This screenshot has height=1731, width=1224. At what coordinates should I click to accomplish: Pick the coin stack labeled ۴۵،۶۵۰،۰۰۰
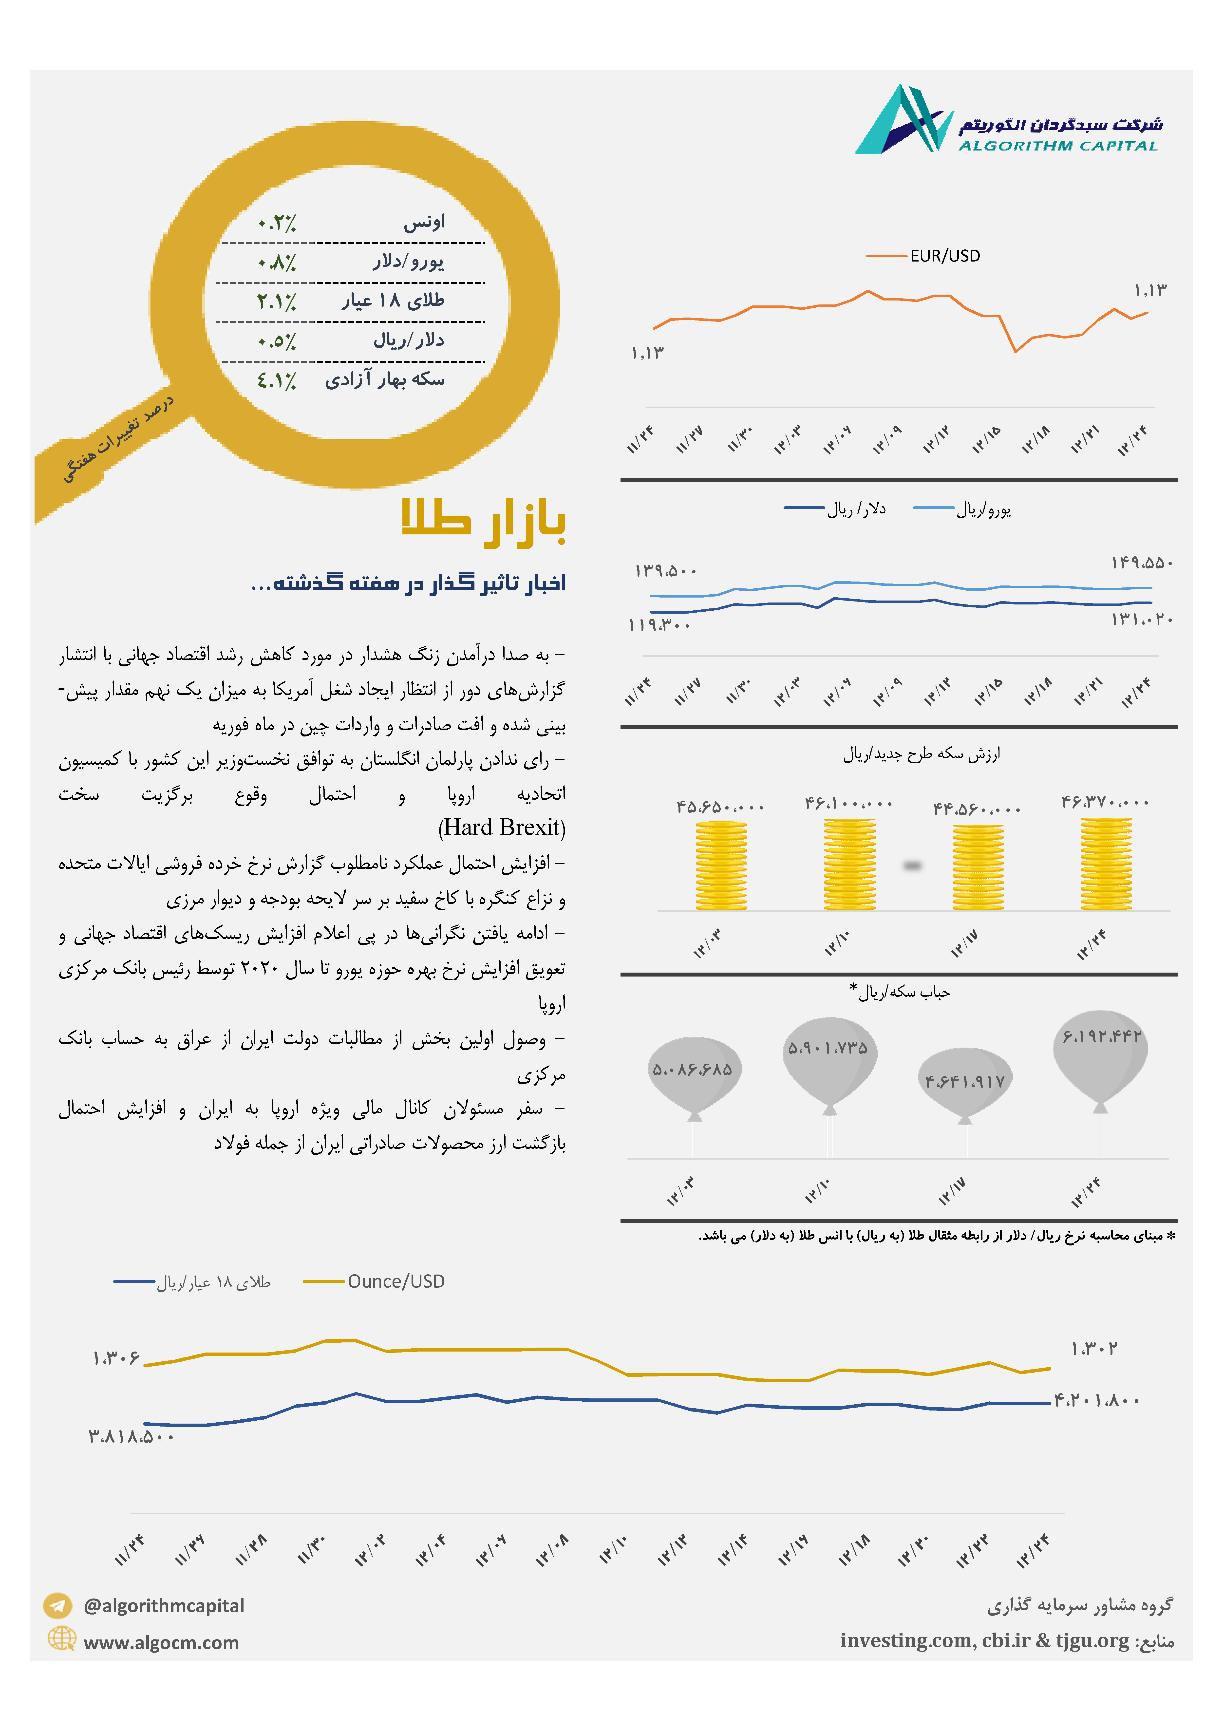[722, 865]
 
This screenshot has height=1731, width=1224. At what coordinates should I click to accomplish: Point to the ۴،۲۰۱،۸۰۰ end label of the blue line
[1096, 1400]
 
